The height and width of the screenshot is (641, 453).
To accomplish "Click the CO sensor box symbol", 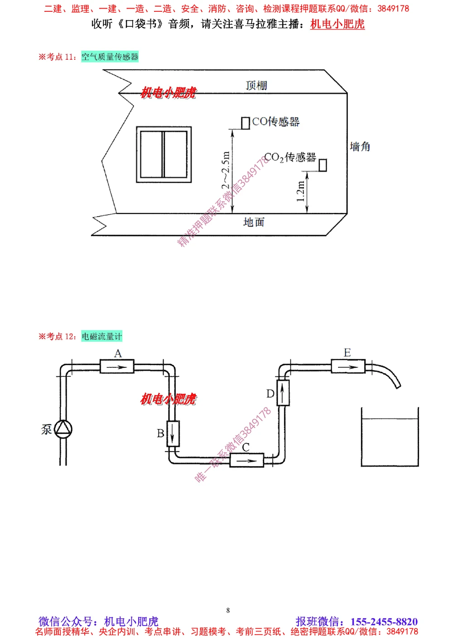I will tap(246, 123).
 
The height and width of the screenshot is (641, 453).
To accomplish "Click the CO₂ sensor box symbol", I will tap(323, 165).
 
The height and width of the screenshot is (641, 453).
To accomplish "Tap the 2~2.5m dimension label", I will tap(226, 170).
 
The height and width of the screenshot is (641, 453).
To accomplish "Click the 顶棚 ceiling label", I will tap(256, 85).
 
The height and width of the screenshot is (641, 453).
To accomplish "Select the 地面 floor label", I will tap(254, 222).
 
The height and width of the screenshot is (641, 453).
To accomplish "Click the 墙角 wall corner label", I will tap(360, 146).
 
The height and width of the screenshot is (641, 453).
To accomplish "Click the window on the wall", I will tap(164, 154).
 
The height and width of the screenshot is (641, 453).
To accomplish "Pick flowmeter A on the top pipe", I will tap(117, 366).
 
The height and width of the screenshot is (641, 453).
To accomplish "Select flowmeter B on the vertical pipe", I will tap(173, 434).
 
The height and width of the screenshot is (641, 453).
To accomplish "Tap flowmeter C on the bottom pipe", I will tap(246, 460).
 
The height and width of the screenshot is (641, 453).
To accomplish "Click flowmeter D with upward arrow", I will tap(282, 393).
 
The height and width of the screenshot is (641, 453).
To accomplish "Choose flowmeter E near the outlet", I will tap(347, 366).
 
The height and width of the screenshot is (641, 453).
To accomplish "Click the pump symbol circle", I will tap(63, 429).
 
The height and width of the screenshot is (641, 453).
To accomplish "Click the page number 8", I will tap(228, 610).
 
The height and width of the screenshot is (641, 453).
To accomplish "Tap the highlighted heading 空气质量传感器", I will tap(110, 57).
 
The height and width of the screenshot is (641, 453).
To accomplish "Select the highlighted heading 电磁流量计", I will tap(102, 336).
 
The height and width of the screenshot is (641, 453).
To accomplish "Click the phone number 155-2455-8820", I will tap(384, 622).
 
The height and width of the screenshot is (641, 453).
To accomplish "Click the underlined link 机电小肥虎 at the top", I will tap(337, 24).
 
